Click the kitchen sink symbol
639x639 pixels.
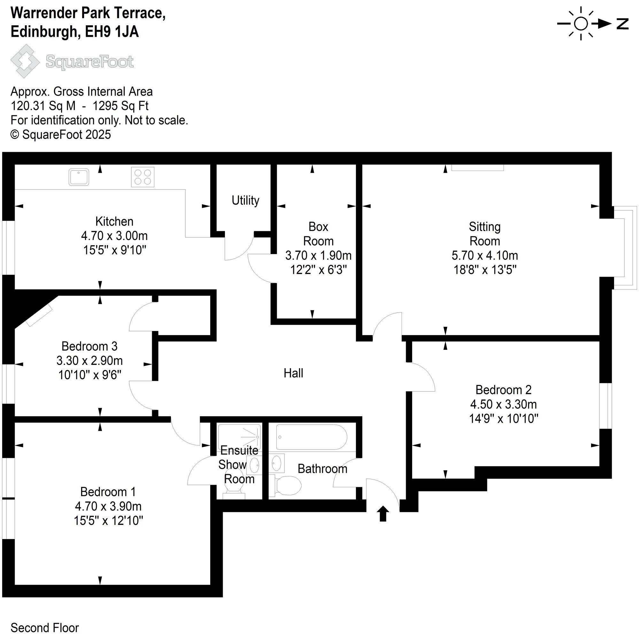tap(79, 177)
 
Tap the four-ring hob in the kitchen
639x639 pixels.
tap(142, 177)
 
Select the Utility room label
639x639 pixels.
tap(245, 200)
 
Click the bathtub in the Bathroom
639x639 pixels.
tap(311, 437)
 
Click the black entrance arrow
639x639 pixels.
tap(383, 513)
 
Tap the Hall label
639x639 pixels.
tap(293, 373)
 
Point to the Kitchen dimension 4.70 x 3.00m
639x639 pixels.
tap(114, 236)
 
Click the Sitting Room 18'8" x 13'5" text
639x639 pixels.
tap(485, 270)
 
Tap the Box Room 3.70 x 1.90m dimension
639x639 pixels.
tap(318, 255)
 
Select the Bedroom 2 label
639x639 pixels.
tap(503, 389)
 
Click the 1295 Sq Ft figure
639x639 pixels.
tap(120, 106)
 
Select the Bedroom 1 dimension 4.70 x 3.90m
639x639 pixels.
tap(108, 506)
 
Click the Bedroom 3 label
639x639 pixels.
tap(89, 346)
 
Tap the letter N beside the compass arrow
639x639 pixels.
tap(622, 24)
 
